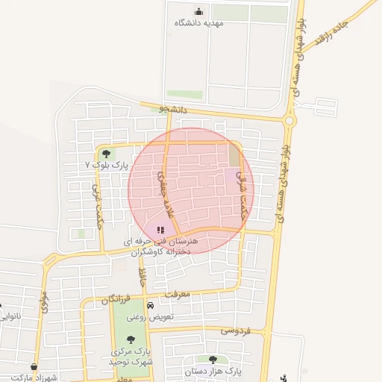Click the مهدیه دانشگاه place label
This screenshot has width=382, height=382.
click(x=198, y=23)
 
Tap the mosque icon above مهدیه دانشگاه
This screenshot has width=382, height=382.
click(x=198, y=11)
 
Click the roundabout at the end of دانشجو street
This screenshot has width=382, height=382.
click(x=289, y=119)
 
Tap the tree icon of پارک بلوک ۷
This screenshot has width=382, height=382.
click(x=106, y=154)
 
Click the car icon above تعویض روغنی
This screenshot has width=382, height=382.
click(x=150, y=306)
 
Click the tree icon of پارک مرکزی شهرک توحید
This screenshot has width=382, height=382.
click(x=131, y=339)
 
